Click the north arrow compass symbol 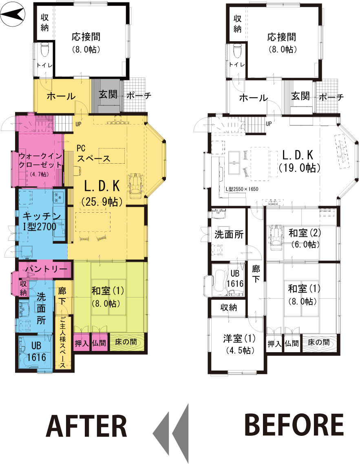click(x=12, y=13)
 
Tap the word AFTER click(x=86, y=426)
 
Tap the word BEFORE click(x=294, y=425)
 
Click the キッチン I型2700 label click(x=41, y=222)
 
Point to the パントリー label click(x=46, y=269)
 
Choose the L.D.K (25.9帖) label click(x=102, y=193)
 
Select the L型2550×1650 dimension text click(x=242, y=189)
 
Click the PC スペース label click(x=93, y=153)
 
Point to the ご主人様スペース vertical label click(x=63, y=342)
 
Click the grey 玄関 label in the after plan click(x=108, y=94)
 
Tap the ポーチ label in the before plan click(x=331, y=97)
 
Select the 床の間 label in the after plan click(x=126, y=342)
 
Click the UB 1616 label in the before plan click(x=235, y=278)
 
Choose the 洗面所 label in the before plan click(x=229, y=235)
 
